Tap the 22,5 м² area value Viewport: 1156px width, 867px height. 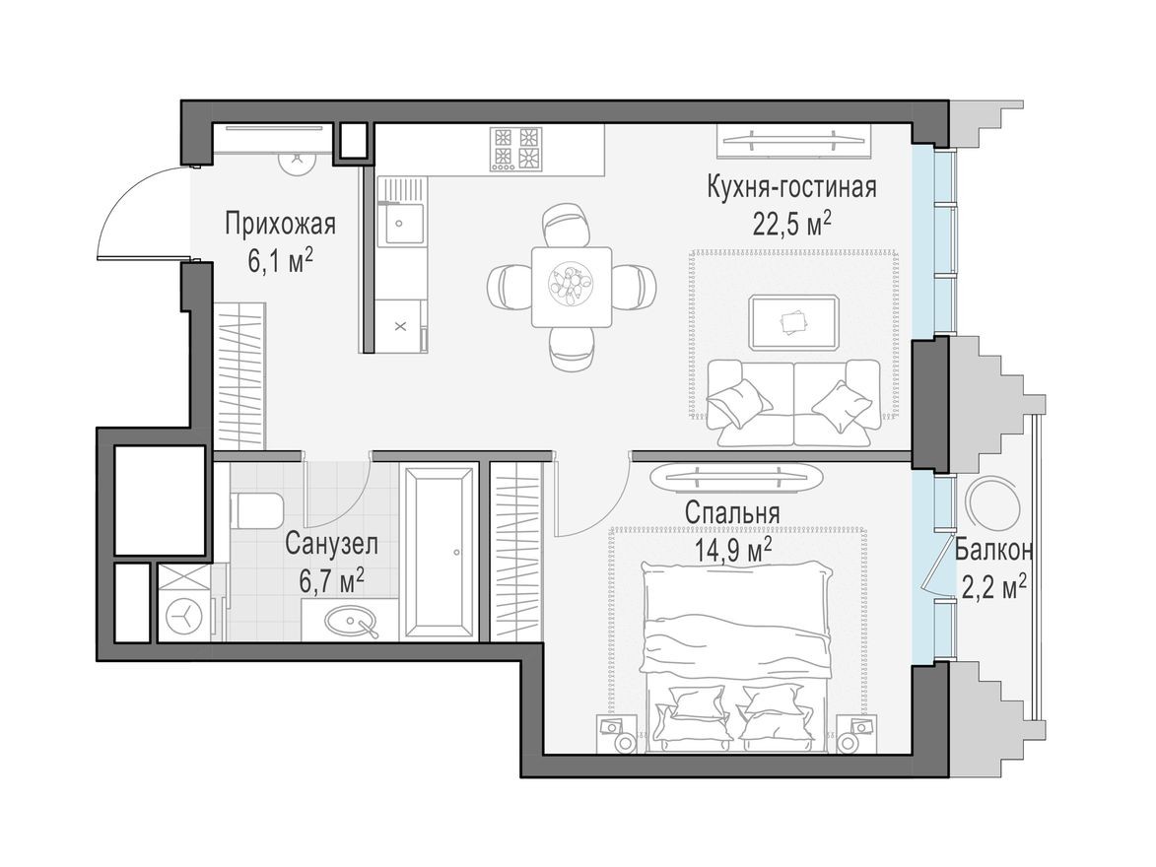click(x=791, y=224)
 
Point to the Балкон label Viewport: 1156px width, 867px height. click(x=993, y=550)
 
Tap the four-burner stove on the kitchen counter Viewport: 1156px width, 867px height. click(x=517, y=149)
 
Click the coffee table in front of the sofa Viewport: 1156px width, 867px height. click(x=793, y=321)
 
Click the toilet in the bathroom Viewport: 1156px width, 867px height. click(x=255, y=510)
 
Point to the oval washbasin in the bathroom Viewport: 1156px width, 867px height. click(x=353, y=621)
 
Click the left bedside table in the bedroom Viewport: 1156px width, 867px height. click(x=618, y=733)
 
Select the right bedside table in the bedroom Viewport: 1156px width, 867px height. click(x=856, y=733)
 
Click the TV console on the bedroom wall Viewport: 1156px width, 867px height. click(x=738, y=477)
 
